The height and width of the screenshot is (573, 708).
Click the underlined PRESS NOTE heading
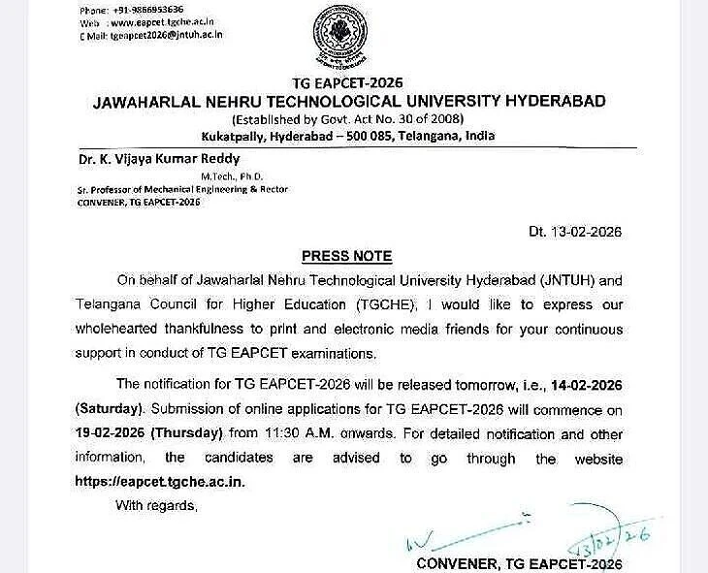tap(346, 257)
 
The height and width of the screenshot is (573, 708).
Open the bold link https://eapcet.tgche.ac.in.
tap(158, 481)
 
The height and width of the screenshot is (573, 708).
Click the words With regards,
tap(156, 505)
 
